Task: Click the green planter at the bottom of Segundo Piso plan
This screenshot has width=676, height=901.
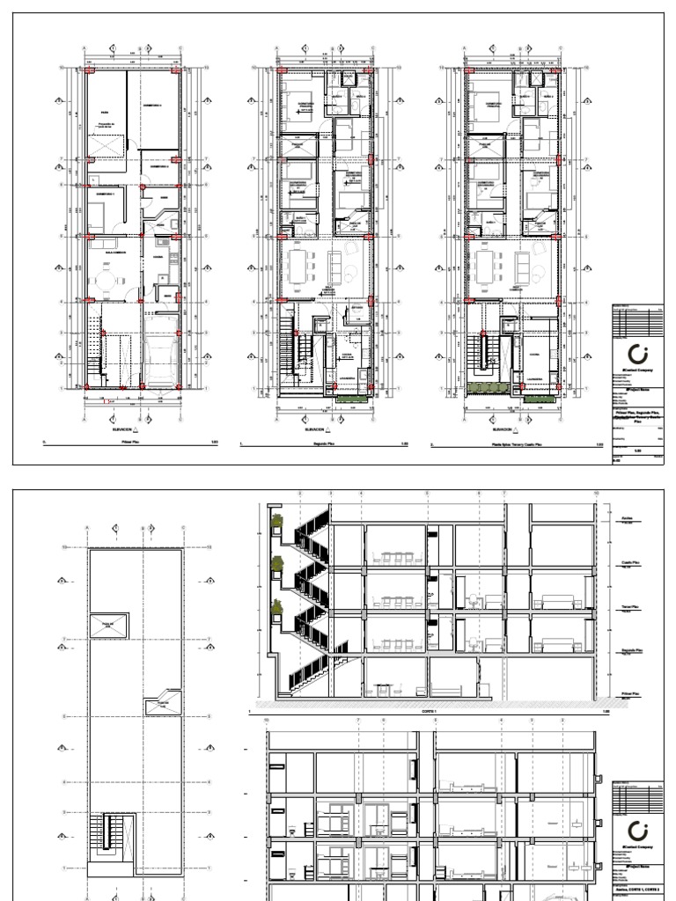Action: click(351, 397)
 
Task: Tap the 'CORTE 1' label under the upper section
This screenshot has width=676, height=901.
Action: click(429, 711)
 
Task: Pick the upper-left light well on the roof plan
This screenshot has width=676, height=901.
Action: click(107, 626)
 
